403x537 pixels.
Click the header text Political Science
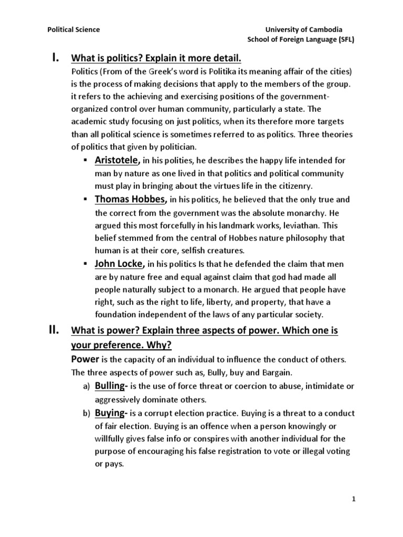pyautogui.click(x=73, y=30)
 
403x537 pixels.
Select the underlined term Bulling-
pyautogui.click(x=115, y=386)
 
